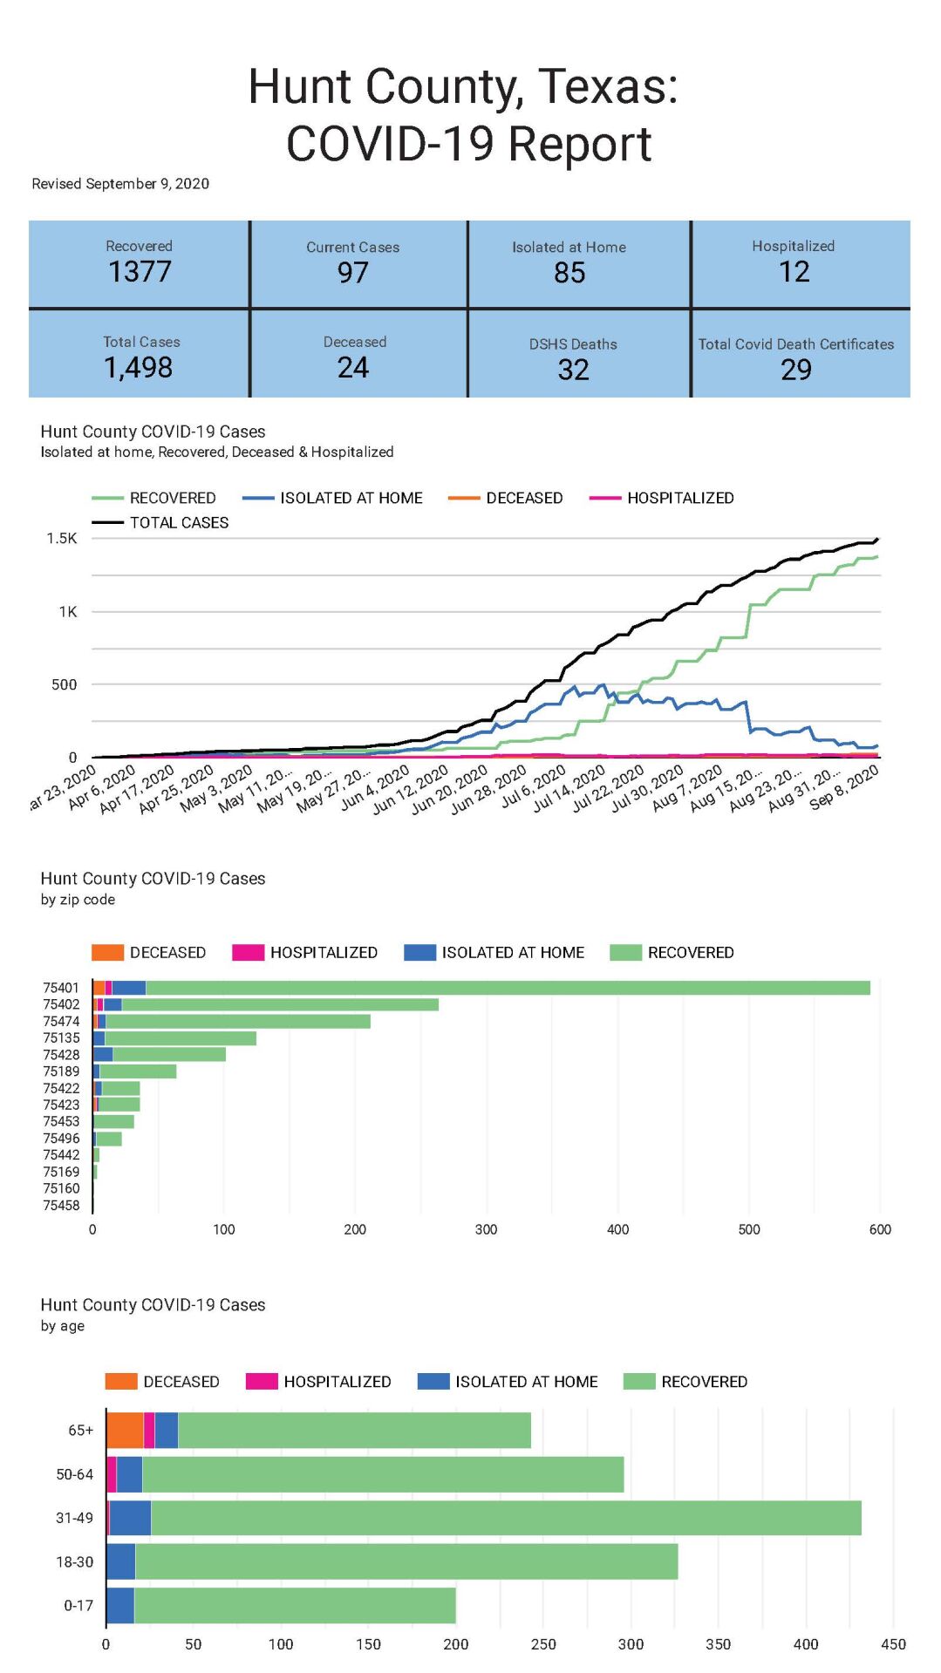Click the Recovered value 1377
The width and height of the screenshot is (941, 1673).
(140, 272)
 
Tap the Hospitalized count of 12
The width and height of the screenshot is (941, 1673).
(794, 272)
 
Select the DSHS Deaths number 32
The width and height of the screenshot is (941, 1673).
(573, 370)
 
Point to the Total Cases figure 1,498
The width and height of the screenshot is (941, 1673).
(139, 368)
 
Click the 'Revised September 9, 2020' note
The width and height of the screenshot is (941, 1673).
(120, 184)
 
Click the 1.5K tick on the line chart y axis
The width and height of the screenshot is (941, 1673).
(62, 539)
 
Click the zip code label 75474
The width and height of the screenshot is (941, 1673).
(61, 1022)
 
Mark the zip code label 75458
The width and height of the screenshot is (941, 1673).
(61, 1206)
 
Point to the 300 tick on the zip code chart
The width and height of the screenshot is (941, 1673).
(486, 1230)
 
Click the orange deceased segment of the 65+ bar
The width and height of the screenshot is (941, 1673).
(125, 1431)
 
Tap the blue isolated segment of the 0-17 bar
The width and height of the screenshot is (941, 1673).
(120, 1606)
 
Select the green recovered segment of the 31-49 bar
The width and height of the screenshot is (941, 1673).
(506, 1518)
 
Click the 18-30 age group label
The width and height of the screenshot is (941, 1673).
(74, 1562)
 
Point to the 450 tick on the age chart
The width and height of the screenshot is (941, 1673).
(893, 1644)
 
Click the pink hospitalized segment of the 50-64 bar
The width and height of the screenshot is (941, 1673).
(112, 1474)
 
